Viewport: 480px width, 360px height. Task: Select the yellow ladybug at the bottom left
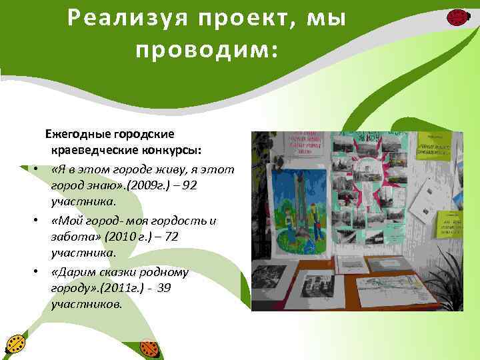point(15,345)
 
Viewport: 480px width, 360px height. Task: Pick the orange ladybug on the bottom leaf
point(150,347)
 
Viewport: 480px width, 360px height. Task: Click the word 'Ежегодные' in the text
point(73,133)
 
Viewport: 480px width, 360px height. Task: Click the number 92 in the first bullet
point(189,185)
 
